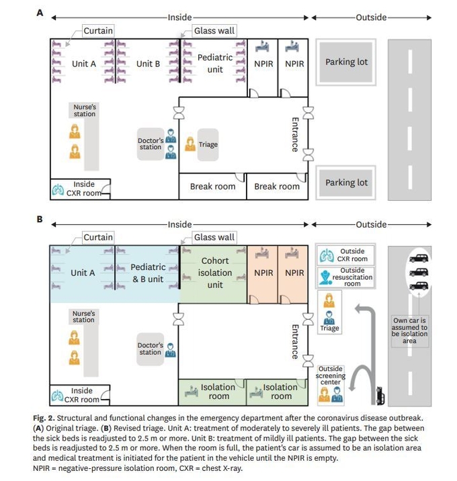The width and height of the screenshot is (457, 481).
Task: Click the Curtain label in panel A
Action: point(98,31)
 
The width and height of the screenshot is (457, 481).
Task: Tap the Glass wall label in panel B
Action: point(214,237)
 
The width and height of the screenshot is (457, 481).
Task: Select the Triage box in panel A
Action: point(208,145)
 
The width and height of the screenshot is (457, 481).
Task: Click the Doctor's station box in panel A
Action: point(151,144)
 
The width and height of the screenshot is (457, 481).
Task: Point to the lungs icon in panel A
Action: point(58,190)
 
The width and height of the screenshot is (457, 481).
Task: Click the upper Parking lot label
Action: point(346,62)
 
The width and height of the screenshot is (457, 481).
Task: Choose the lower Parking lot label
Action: point(346,183)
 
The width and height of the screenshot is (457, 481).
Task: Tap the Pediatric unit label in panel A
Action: point(215,63)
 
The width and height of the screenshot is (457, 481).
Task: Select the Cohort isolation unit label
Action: point(215,273)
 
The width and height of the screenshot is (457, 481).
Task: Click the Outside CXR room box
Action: point(345,255)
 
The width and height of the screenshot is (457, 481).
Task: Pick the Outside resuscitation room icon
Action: point(325,277)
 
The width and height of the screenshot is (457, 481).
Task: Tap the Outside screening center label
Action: point(330,375)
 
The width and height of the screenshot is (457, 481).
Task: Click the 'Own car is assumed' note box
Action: point(409,331)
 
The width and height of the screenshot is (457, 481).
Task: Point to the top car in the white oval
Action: point(419,258)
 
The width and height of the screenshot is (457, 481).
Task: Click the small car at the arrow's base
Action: point(380,396)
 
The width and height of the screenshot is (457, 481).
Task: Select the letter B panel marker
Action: point(40,219)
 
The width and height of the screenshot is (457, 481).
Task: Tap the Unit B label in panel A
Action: point(148,64)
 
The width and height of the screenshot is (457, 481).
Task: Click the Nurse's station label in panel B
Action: point(83,316)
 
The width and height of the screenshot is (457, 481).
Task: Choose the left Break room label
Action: point(212,187)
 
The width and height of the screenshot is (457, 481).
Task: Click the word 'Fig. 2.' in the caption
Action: point(44,418)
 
